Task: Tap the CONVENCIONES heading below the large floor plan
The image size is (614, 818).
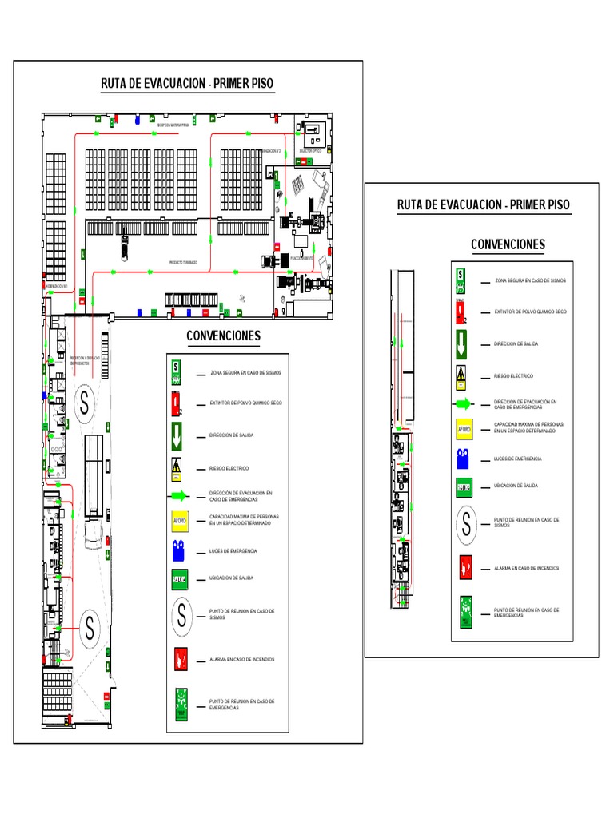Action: pyautogui.click(x=224, y=336)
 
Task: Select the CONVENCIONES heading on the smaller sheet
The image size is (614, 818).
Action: pyautogui.click(x=508, y=244)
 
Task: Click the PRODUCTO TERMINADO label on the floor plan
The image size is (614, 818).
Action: pyautogui.click(x=183, y=262)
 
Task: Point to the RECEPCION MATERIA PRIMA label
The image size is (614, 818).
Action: pyautogui.click(x=172, y=125)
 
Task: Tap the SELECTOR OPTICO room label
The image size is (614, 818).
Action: pyautogui.click(x=311, y=150)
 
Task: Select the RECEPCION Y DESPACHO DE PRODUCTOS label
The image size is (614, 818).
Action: pyautogui.click(x=85, y=360)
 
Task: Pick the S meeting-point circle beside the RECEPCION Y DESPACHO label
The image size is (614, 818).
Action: pyautogui.click(x=84, y=404)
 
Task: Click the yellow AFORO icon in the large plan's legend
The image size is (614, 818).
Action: pyautogui.click(x=180, y=522)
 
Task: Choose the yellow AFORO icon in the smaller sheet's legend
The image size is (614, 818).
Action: pyautogui.click(x=464, y=429)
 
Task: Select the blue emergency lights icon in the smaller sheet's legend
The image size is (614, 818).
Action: pyautogui.click(x=464, y=459)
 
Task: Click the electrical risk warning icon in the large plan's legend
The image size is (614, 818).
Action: pyautogui.click(x=179, y=467)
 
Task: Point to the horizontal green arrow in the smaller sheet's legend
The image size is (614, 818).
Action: pyautogui.click(x=464, y=403)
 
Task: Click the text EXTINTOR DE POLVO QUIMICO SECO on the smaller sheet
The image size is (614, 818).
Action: pyautogui.click(x=530, y=312)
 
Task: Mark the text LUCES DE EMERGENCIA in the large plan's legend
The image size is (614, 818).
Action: pyautogui.click(x=233, y=551)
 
